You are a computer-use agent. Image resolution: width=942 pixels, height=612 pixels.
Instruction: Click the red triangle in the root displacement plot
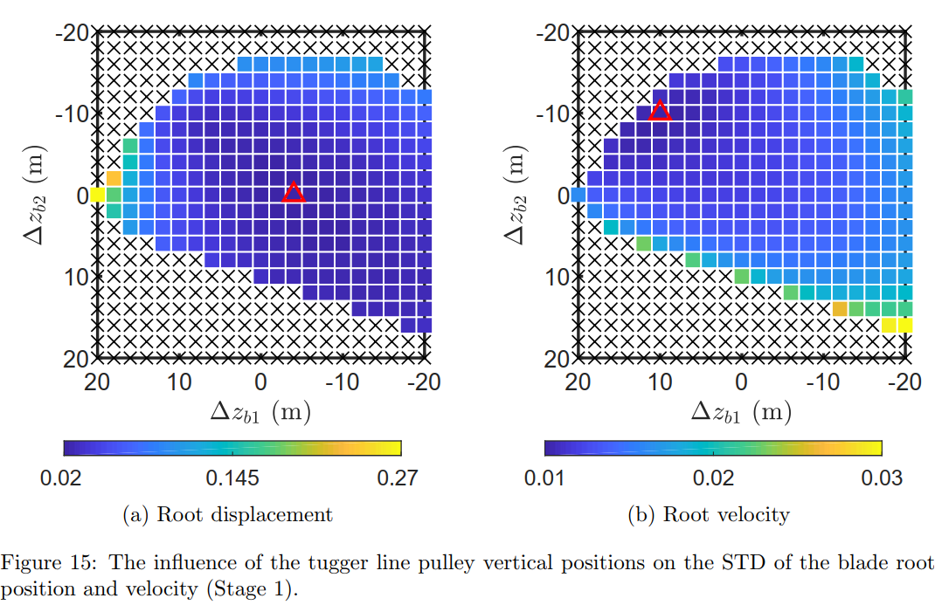294,193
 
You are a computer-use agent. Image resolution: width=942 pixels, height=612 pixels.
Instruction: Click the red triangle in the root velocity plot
660,111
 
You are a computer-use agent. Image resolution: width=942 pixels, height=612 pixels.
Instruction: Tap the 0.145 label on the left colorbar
232,478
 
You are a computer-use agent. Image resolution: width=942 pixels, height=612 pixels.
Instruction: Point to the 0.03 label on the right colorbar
882,478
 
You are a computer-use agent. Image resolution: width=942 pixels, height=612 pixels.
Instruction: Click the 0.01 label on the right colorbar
544,478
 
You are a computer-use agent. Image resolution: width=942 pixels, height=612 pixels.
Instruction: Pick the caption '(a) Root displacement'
228,514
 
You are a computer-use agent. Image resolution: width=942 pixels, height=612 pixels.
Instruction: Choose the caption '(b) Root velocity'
709,514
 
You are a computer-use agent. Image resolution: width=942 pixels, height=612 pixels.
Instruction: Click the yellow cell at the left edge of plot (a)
97,195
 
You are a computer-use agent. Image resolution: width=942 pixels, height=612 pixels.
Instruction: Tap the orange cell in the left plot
114,178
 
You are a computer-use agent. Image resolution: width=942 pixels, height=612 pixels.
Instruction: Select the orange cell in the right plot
840,308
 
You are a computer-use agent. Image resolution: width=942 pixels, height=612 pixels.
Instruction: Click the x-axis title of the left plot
260,411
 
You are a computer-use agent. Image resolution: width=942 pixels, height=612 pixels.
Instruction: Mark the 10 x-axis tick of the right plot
660,382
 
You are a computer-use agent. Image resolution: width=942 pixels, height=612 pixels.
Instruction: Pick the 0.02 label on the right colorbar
713,478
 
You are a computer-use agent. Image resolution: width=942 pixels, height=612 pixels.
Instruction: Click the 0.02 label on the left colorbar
64,478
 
